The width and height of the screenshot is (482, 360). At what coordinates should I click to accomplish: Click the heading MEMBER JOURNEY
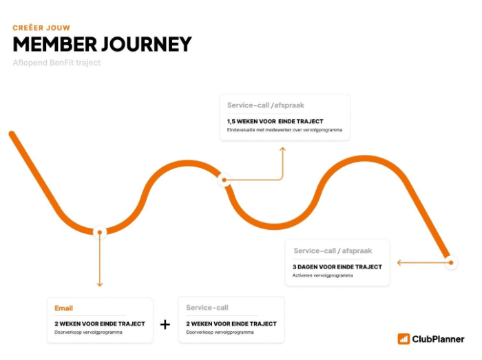click(x=102, y=44)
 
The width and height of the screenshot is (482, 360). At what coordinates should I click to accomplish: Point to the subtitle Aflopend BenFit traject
click(x=56, y=63)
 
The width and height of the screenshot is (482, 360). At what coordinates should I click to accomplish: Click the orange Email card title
click(x=64, y=308)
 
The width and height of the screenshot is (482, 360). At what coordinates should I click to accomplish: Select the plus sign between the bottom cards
click(x=165, y=324)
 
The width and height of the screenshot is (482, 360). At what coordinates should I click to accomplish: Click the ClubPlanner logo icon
click(x=404, y=339)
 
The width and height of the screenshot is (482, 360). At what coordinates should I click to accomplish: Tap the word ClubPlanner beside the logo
click(x=439, y=339)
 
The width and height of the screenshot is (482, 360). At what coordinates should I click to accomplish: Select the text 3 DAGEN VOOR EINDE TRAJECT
click(x=337, y=266)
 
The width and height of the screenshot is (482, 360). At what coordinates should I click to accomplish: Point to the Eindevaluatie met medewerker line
click(x=284, y=129)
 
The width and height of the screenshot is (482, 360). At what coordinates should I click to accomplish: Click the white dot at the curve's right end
click(x=450, y=262)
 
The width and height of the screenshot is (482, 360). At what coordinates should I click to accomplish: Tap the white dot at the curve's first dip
click(x=100, y=232)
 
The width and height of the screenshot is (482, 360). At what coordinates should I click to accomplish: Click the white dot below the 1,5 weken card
click(x=224, y=180)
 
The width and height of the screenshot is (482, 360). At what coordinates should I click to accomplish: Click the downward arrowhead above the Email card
click(x=100, y=283)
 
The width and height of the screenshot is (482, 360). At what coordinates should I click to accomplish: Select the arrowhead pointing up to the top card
click(x=283, y=149)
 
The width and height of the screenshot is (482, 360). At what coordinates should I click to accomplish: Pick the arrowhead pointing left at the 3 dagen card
click(x=400, y=262)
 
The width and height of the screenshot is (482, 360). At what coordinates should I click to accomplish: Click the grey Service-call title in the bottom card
click(x=207, y=308)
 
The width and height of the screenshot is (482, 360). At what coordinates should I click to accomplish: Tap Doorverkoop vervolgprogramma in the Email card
click(x=88, y=332)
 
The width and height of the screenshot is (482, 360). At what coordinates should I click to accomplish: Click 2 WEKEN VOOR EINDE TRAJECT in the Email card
click(x=99, y=324)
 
